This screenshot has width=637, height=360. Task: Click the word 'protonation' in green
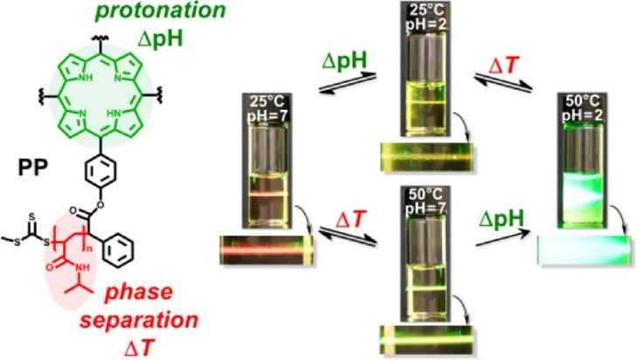(x=160, y=10)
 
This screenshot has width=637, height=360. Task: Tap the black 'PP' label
(x=32, y=168)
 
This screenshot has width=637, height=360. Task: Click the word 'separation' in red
(x=139, y=320)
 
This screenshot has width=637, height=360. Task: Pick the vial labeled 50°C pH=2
(x=583, y=160)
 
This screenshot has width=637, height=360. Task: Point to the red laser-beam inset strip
(x=267, y=250)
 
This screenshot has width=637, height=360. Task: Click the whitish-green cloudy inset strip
(x=585, y=250)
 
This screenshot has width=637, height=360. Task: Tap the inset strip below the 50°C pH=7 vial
(x=426, y=339)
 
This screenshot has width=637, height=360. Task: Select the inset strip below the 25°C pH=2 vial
(x=426, y=157)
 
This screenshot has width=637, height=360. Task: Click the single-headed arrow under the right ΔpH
(x=503, y=238)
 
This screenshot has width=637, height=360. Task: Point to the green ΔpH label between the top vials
(x=344, y=61)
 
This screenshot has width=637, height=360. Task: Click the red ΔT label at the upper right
(x=504, y=66)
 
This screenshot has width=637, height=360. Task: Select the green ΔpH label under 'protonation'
(x=161, y=39)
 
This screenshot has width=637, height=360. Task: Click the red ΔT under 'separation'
(x=139, y=348)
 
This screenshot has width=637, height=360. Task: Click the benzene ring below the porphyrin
(x=100, y=170)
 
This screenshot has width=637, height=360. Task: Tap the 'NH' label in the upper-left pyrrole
(x=87, y=77)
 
